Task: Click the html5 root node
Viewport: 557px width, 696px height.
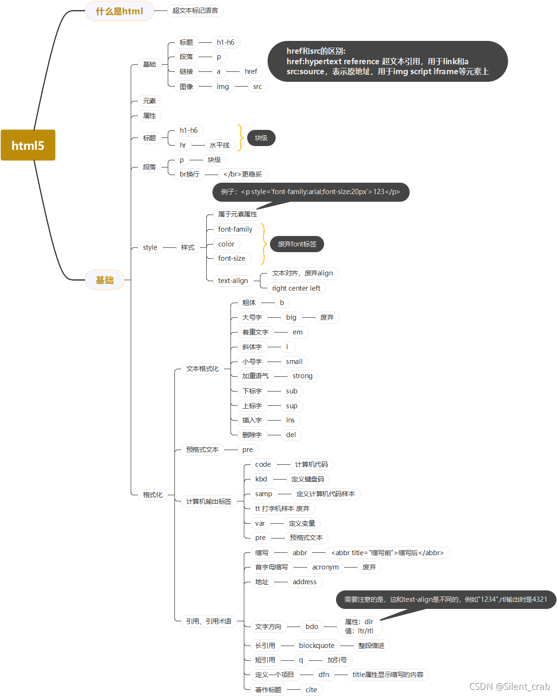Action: pos(28,145)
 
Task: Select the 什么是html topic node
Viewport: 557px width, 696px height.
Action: pos(119,11)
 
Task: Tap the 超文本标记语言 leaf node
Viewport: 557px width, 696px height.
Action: pos(195,10)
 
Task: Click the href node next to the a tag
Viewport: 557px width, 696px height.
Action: pos(250,71)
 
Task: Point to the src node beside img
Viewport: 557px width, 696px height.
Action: pos(257,87)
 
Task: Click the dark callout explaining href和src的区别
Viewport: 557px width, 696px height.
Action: pos(387,61)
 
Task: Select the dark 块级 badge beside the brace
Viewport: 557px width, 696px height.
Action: pos(261,138)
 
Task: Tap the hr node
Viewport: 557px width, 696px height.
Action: pos(183,145)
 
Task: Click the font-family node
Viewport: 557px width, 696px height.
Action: pos(235,229)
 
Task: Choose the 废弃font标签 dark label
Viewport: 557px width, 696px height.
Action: pos(297,244)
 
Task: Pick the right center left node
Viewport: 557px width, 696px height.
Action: pos(296,288)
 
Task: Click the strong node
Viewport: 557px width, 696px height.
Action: pos(302,376)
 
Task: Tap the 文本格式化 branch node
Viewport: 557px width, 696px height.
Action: pos(202,369)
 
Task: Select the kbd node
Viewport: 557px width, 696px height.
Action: pos(261,479)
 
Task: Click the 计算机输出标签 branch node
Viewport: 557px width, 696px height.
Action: pos(209,501)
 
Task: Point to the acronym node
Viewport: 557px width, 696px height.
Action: pos(325,567)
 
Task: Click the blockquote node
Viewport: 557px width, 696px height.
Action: pos(317,646)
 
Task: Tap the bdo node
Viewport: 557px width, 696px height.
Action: pos(312,627)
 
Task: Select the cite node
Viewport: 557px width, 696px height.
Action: pos(311,690)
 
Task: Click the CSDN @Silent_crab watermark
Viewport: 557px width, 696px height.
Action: pos(509,686)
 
